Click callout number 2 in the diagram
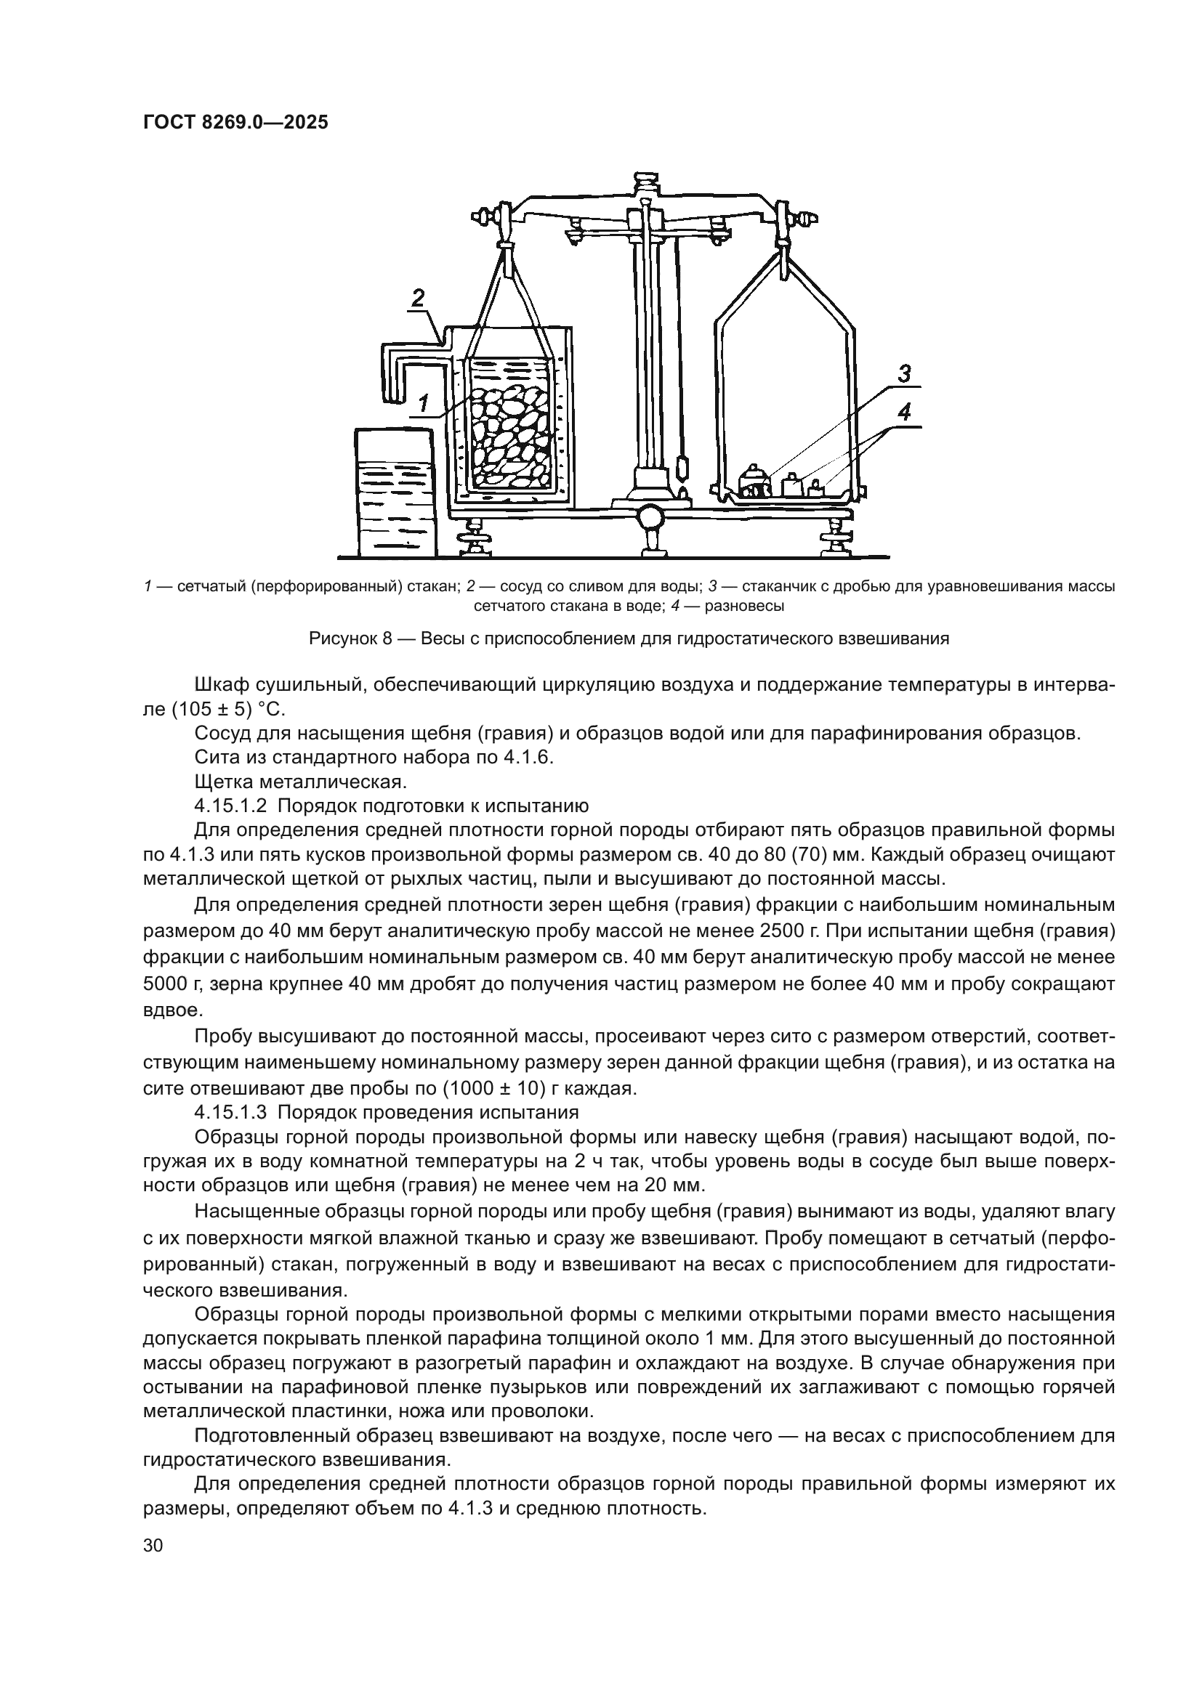coord(418,299)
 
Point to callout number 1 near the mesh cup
coord(424,403)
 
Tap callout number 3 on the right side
coord(905,374)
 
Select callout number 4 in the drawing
coord(905,413)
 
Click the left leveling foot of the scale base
coord(474,539)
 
